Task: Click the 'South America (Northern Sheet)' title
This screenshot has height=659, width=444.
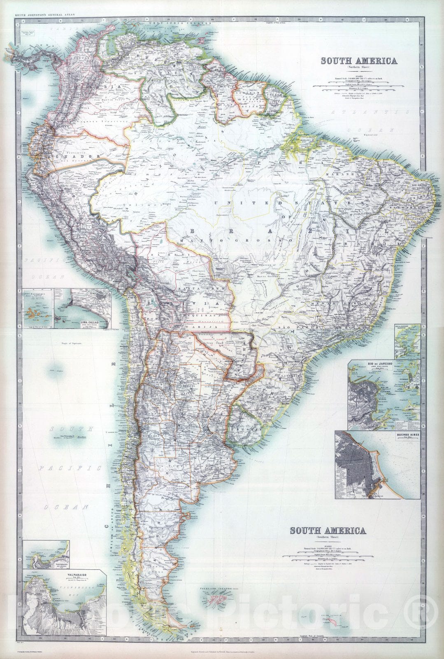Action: [359, 61]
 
